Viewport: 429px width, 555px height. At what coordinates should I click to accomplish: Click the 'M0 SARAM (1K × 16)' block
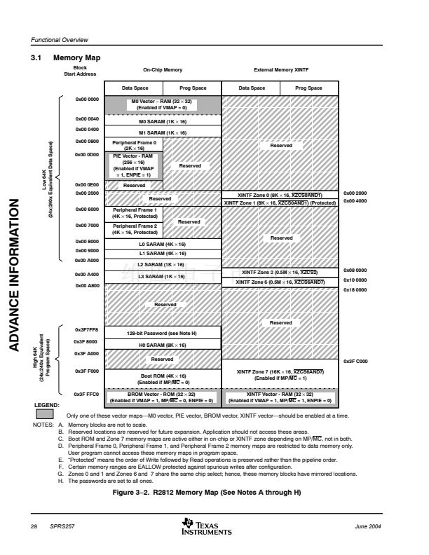pos(162,121)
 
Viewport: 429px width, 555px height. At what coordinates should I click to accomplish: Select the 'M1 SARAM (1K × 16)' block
pos(162,132)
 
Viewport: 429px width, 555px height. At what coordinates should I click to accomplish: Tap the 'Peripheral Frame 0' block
pos(133,145)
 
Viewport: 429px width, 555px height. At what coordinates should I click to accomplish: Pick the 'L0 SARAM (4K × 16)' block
pos(162,243)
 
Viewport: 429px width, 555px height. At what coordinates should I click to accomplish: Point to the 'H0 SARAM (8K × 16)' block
pos(162,345)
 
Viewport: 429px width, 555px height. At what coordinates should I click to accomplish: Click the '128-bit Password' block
pos(162,333)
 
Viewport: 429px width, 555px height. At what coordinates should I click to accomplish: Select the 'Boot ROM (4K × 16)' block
pos(162,378)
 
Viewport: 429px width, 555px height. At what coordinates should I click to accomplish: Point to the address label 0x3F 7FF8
pos(87,329)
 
